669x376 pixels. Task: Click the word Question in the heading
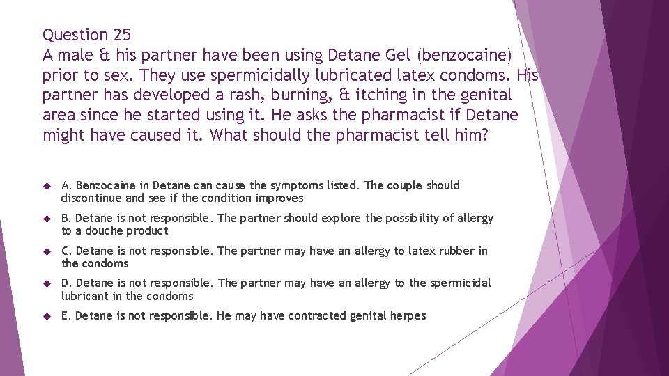coord(75,34)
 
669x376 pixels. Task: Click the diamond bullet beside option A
coord(47,186)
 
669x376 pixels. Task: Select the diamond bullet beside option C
coord(47,251)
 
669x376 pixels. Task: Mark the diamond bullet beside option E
coord(47,316)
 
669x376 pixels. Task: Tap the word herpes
coord(407,316)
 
